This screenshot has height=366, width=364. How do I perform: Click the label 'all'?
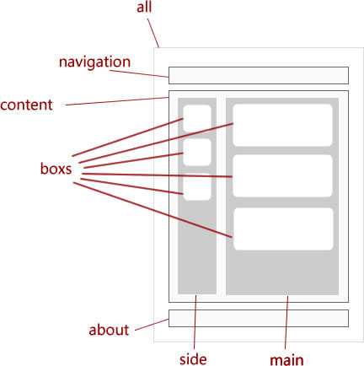144,7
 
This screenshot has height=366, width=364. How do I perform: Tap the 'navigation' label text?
94,62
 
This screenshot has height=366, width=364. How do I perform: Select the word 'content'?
26,105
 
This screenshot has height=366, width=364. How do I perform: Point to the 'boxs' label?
56,169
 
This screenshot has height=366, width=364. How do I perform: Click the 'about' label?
109,330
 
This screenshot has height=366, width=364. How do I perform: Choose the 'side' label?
193,359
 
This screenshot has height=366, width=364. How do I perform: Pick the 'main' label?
286,360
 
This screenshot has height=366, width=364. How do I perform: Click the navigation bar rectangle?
259,75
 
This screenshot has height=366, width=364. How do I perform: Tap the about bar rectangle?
259,318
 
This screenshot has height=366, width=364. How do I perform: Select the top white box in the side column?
197,118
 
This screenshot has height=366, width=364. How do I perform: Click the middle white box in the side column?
197,152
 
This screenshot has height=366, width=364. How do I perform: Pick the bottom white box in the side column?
197,186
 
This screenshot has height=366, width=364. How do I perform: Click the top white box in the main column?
283,125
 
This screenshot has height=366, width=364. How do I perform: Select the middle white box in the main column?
283,175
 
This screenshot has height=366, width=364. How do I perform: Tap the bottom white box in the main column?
283,229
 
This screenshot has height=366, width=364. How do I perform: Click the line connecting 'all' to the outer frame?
153,33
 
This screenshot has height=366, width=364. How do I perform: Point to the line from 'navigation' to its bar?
139,73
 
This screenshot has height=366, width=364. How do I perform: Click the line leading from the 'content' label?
117,101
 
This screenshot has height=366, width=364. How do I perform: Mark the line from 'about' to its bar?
152,325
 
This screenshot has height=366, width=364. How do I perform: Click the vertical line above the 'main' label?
286,322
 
